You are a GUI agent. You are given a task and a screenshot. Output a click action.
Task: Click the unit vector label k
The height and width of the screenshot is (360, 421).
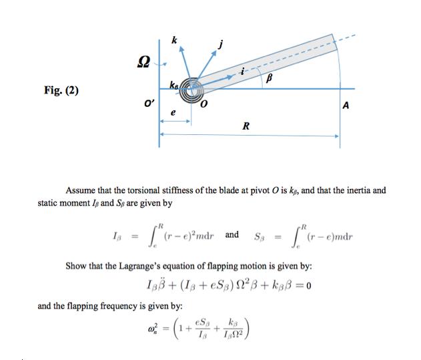[174, 41]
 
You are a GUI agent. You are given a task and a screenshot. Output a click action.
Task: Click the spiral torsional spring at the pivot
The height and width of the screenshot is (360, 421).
[191, 89]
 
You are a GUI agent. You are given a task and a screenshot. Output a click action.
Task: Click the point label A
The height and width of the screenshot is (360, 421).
[345, 106]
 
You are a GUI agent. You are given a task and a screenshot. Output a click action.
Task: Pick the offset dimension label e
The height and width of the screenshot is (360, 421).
[173, 114]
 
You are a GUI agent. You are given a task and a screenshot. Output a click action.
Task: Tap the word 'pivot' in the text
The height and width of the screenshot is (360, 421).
[273, 190]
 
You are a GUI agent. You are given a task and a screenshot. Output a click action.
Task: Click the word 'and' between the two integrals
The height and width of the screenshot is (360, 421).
[232, 235]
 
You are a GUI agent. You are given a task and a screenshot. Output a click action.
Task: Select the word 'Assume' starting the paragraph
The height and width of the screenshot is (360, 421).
[79, 190]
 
